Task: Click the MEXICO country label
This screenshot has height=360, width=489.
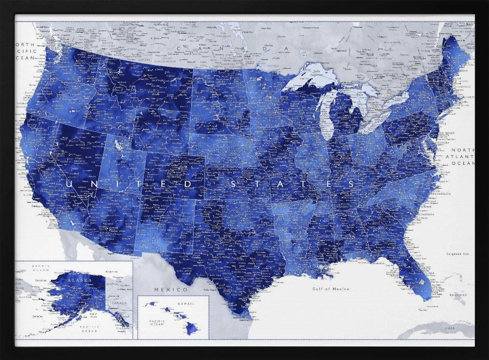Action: click(x=164, y=290)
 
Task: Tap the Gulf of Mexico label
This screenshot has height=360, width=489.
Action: click(x=331, y=289)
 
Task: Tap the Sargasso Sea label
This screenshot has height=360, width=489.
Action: click(x=458, y=254)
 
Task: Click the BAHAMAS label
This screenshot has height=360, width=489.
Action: click(x=458, y=295)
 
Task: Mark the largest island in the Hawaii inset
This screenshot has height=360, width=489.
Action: click(x=192, y=329)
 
